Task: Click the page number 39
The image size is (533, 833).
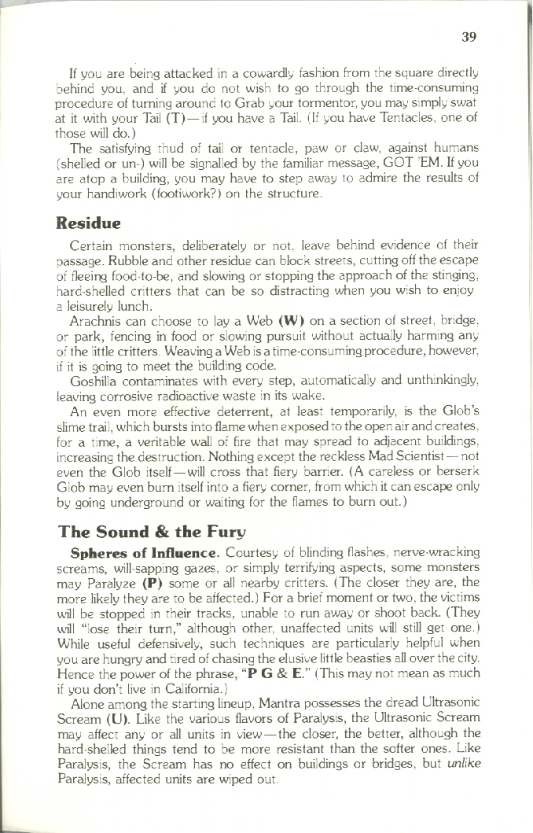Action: tap(469, 36)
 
